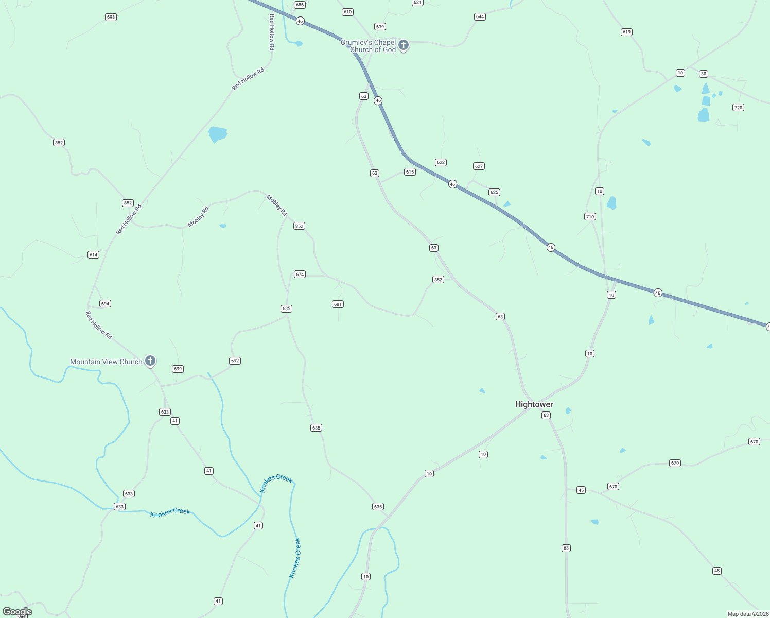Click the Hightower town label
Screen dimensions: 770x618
(x=534, y=404)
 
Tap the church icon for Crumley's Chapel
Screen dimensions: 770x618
(x=404, y=45)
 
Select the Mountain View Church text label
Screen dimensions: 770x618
(x=106, y=362)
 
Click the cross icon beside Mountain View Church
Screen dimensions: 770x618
(x=150, y=360)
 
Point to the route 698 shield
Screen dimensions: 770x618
(x=111, y=17)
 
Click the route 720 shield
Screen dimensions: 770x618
(x=738, y=108)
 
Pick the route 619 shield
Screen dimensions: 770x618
(x=626, y=32)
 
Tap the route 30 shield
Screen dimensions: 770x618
(x=704, y=74)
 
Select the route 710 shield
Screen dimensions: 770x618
(x=590, y=217)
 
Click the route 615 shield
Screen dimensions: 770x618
(x=410, y=172)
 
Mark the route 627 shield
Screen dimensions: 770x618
(x=479, y=166)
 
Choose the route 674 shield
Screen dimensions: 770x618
(x=300, y=274)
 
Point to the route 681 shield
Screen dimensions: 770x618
(x=338, y=304)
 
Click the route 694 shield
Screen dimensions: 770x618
(x=105, y=304)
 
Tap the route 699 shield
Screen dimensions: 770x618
(x=178, y=369)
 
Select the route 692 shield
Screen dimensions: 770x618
(x=235, y=360)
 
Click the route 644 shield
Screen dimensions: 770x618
(x=480, y=16)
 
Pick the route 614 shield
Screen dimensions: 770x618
(x=93, y=255)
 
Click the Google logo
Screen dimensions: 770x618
(x=17, y=612)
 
